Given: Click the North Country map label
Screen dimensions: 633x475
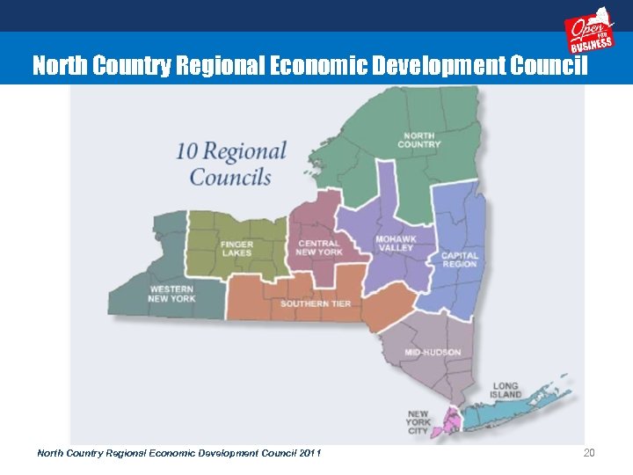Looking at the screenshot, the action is coord(419,140).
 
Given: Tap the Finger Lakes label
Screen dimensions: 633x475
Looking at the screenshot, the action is coord(236,248).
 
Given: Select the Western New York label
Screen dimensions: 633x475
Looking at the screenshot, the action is coord(171,294).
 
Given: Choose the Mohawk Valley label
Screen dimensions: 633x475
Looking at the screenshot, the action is coord(395,243).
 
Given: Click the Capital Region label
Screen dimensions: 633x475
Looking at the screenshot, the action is coord(460,259).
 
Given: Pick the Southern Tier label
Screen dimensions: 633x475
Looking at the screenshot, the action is coord(316,303).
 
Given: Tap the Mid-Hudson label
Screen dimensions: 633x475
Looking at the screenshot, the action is coord(433,353).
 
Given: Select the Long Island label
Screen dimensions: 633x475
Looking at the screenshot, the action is coord(506,390).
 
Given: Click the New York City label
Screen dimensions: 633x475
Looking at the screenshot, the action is coord(418,422).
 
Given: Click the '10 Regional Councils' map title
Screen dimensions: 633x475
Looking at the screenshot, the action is coord(230,164).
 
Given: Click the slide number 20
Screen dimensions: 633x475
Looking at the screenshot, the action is coord(589,453).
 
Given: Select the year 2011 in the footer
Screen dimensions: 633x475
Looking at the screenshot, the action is coord(309,453).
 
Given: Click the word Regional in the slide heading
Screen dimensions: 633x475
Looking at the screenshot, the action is coord(213,66).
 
